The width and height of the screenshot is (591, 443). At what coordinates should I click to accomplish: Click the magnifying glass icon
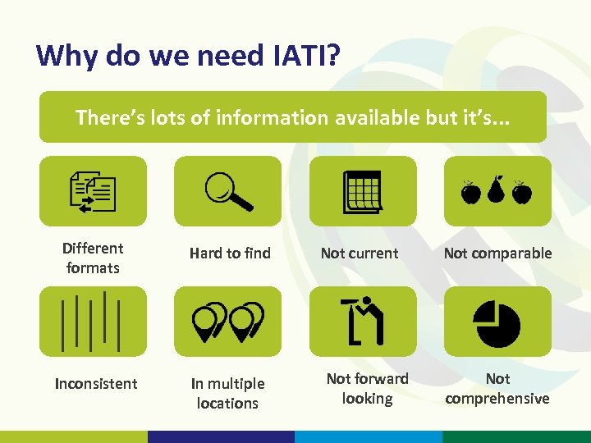[228, 191]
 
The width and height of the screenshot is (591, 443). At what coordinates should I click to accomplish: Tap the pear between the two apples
[496, 190]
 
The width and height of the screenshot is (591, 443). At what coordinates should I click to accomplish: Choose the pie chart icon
[497, 322]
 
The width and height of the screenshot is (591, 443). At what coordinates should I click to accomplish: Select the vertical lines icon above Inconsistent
[93, 322]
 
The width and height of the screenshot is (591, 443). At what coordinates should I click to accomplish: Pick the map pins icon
[228, 322]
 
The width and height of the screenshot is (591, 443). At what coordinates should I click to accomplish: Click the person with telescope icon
[362, 322]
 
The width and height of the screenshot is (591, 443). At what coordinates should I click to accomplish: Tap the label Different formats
[93, 258]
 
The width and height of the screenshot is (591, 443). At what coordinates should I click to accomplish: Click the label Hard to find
[230, 253]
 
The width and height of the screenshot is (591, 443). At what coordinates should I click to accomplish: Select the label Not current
[360, 253]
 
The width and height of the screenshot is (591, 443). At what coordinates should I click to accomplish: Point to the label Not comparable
[497, 253]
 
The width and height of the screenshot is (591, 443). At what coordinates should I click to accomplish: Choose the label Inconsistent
[95, 383]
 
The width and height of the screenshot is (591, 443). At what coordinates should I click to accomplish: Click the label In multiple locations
[227, 393]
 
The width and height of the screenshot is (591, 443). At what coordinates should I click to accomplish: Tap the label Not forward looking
[367, 388]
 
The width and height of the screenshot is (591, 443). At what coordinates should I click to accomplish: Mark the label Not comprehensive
[497, 388]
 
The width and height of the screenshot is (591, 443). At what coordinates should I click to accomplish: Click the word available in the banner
[374, 117]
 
